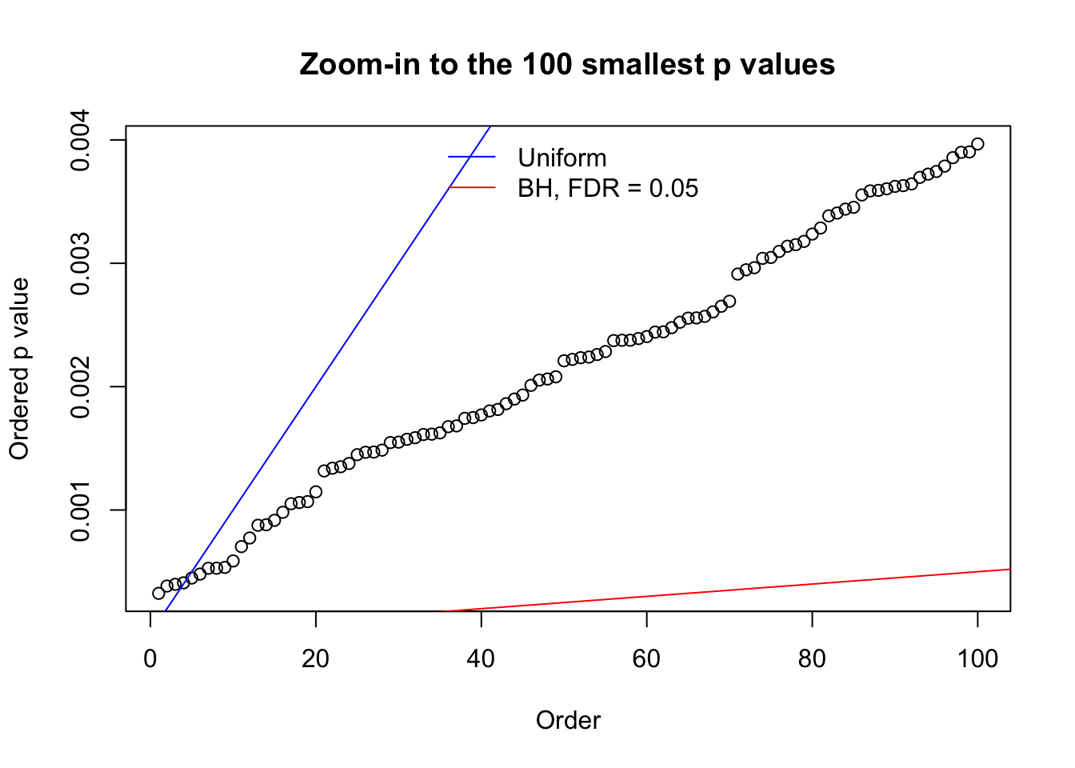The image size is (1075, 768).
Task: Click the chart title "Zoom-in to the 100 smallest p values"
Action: click(x=567, y=65)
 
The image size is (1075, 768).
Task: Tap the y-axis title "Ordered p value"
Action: click(x=19, y=369)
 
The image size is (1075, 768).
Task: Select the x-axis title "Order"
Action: click(x=568, y=721)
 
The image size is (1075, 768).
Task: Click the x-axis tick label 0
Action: click(x=150, y=659)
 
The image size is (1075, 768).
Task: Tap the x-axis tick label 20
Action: click(x=316, y=659)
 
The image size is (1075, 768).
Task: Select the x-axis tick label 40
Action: click(x=481, y=659)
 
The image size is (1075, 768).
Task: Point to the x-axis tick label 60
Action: click(x=646, y=659)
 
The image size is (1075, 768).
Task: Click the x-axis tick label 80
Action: click(x=812, y=659)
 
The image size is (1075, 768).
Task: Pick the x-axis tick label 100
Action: click(x=977, y=659)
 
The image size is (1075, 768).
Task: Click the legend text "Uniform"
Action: click(x=562, y=158)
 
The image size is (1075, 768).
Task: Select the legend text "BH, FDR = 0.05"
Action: click(x=608, y=189)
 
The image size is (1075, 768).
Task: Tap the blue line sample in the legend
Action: click(x=472, y=157)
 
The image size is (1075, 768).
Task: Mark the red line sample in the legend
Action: click(x=472, y=188)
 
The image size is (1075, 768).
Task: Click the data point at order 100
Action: click(x=977, y=144)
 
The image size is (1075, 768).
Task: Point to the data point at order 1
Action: click(x=158, y=593)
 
